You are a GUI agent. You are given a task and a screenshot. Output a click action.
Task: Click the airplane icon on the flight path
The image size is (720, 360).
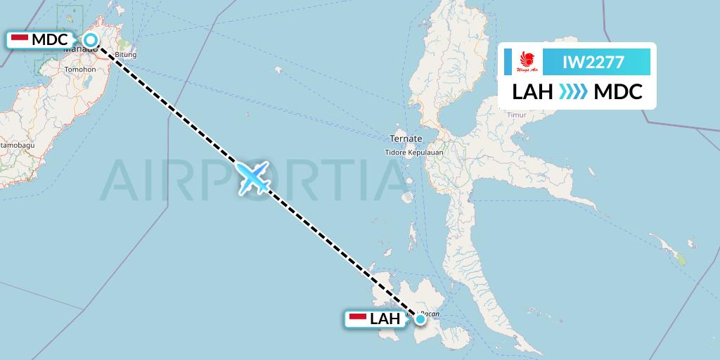(x=253, y=178)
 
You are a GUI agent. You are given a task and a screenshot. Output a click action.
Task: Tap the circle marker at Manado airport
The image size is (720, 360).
(x=91, y=40)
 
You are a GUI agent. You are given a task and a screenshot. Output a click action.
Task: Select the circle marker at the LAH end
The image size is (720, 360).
(x=420, y=319)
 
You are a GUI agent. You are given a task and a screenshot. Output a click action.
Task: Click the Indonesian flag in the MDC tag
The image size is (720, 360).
(x=20, y=39)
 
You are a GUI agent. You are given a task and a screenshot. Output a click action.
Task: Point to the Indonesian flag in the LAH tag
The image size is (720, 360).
(x=359, y=319)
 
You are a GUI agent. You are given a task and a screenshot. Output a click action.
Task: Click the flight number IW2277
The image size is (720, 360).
(x=593, y=62)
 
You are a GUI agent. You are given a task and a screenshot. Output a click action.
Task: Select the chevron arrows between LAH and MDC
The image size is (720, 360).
(x=573, y=92)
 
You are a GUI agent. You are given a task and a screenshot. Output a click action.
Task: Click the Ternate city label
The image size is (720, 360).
(x=407, y=139)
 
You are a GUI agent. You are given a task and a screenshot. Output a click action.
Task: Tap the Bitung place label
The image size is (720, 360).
(x=125, y=55)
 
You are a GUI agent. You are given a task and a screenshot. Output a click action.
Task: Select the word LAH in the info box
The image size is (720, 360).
(x=532, y=92)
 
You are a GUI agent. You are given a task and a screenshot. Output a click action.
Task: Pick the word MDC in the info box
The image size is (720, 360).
(x=617, y=92)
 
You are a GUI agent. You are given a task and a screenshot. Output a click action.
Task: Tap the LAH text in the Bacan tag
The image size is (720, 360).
(x=385, y=319)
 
